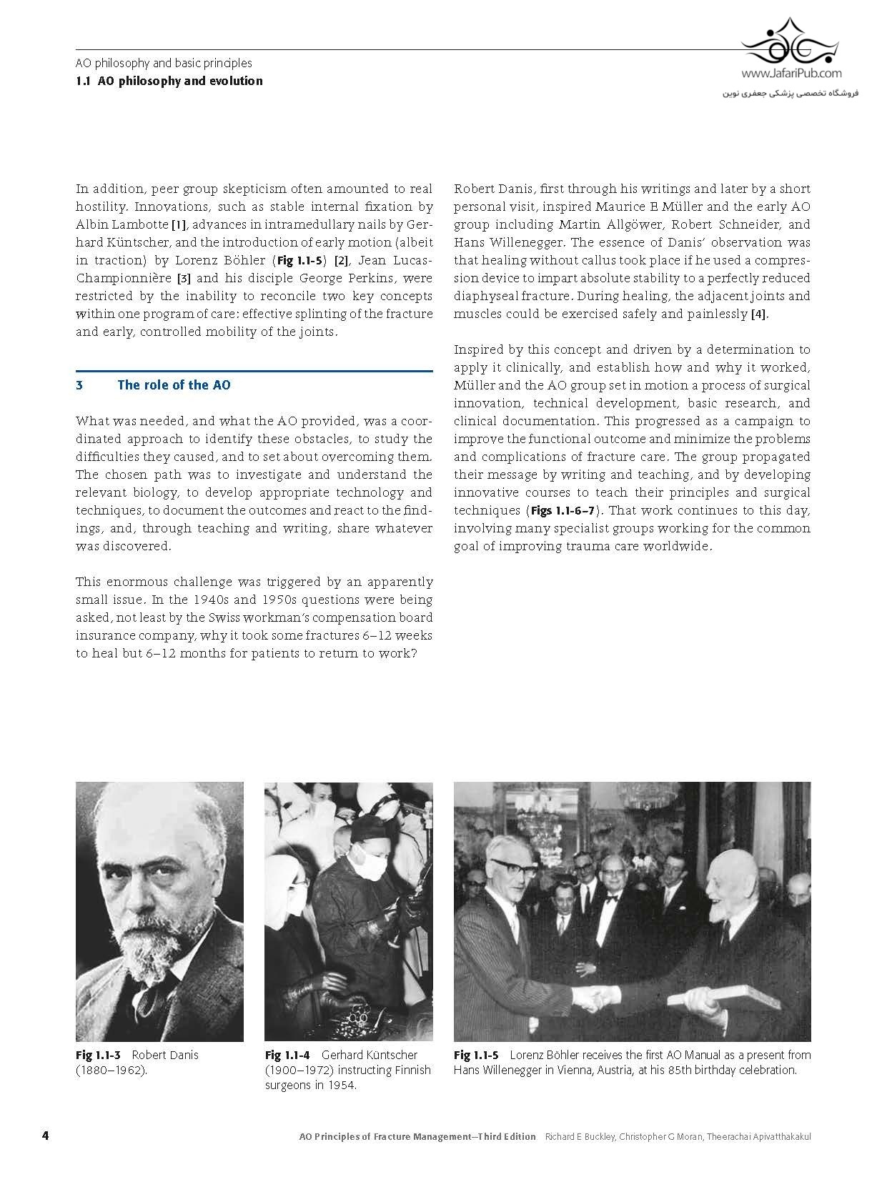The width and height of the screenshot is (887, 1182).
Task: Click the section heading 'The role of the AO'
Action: [x=174, y=385]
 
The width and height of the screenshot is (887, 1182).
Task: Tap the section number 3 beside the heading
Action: [x=79, y=385]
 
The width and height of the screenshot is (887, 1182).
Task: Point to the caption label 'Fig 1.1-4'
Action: [x=287, y=1055]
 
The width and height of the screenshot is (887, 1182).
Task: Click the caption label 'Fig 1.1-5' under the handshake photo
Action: [x=476, y=1055]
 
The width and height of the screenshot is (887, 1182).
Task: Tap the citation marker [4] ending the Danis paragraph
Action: [x=758, y=314]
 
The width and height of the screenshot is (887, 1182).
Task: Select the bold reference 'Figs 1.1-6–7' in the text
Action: [x=563, y=511]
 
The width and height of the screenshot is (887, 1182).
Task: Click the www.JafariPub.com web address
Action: [x=791, y=73]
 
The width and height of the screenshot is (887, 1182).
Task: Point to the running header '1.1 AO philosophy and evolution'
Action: [x=169, y=81]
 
